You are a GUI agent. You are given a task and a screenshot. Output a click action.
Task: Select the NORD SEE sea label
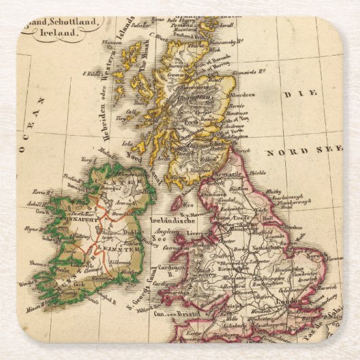point(293,152)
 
